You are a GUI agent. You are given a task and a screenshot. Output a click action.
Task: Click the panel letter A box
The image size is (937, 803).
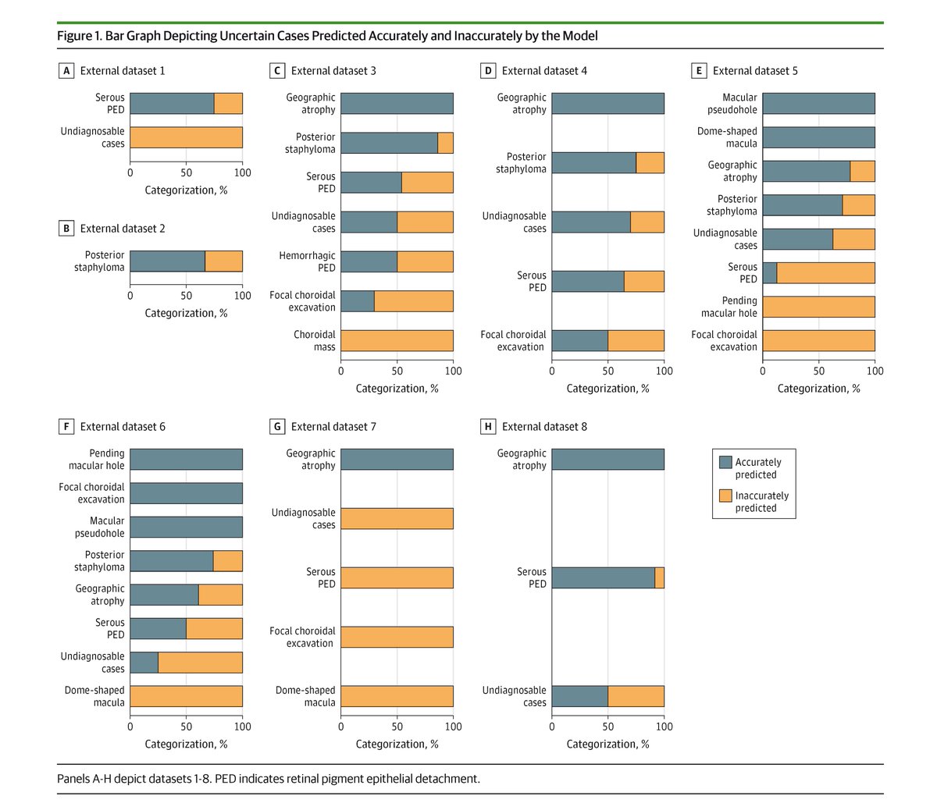click(66, 71)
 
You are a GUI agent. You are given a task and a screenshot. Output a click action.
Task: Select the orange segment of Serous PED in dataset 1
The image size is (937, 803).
click(228, 104)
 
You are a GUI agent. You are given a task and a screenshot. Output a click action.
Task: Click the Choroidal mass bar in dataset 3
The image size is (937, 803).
click(397, 341)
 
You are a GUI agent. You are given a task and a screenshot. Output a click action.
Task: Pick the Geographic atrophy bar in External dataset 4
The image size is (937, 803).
click(607, 104)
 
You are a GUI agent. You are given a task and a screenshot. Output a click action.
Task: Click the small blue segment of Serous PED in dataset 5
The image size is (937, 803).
click(769, 273)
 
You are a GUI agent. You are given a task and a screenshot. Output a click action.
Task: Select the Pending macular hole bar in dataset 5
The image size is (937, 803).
click(818, 307)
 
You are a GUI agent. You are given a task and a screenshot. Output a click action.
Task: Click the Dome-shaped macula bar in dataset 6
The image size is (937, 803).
click(186, 696)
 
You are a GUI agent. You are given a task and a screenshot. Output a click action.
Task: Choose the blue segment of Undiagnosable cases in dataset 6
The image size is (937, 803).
click(144, 663)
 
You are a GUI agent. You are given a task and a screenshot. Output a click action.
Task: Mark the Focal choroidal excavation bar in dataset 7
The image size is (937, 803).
click(397, 637)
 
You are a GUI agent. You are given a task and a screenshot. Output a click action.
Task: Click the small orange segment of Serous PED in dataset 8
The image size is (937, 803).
click(659, 577)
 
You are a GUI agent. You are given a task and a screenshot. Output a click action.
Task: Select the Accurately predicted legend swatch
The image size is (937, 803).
click(725, 462)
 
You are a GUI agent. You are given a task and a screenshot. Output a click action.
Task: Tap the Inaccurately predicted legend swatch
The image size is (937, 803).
click(725, 496)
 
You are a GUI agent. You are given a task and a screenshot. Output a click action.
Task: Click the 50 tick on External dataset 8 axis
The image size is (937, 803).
click(607, 727)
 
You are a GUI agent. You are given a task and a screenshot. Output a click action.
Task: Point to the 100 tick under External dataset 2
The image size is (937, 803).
click(242, 296)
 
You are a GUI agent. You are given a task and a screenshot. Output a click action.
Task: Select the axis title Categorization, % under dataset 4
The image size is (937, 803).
click(607, 389)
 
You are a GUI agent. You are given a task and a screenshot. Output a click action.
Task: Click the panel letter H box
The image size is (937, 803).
click(488, 427)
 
